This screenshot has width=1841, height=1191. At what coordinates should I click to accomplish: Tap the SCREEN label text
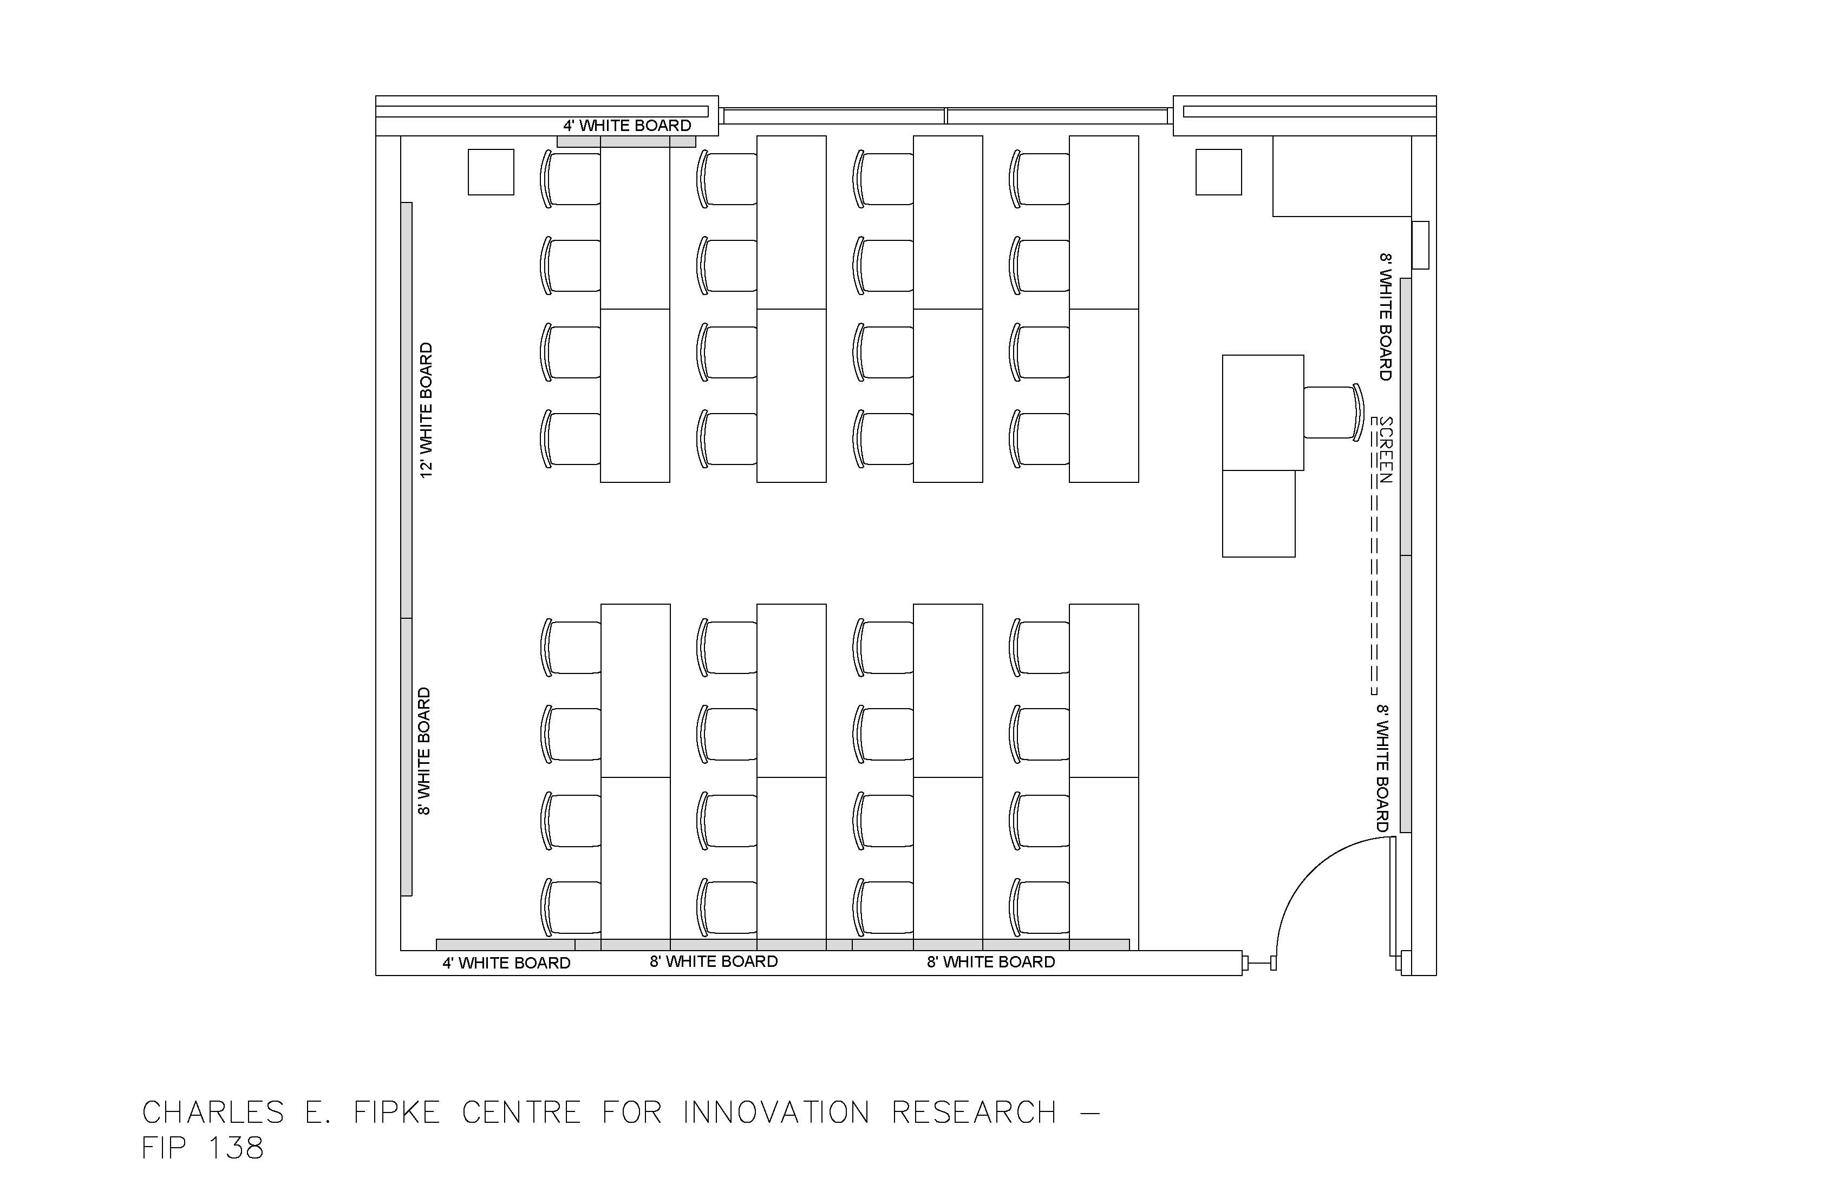pyautogui.click(x=1386, y=449)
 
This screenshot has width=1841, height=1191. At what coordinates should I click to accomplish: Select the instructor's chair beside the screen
pyautogui.click(x=1332, y=412)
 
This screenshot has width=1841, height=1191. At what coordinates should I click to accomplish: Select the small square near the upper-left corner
pyautogui.click(x=491, y=172)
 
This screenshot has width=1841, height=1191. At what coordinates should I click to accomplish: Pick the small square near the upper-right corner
pyautogui.click(x=1218, y=172)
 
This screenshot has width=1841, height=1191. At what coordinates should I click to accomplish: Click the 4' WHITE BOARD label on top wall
pyautogui.click(x=626, y=125)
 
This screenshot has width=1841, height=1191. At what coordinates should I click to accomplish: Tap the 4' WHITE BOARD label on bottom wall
pyautogui.click(x=506, y=963)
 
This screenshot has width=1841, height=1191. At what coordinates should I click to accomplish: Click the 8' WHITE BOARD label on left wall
pyautogui.click(x=425, y=751)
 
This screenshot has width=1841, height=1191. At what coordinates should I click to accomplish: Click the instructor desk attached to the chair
pyautogui.click(x=1262, y=412)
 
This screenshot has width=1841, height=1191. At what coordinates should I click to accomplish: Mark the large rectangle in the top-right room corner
pyautogui.click(x=1341, y=176)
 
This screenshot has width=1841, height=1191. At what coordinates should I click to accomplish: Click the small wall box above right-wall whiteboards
pyautogui.click(x=1420, y=245)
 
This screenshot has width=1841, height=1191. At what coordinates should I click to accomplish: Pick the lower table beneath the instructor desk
pyautogui.click(x=1258, y=514)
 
